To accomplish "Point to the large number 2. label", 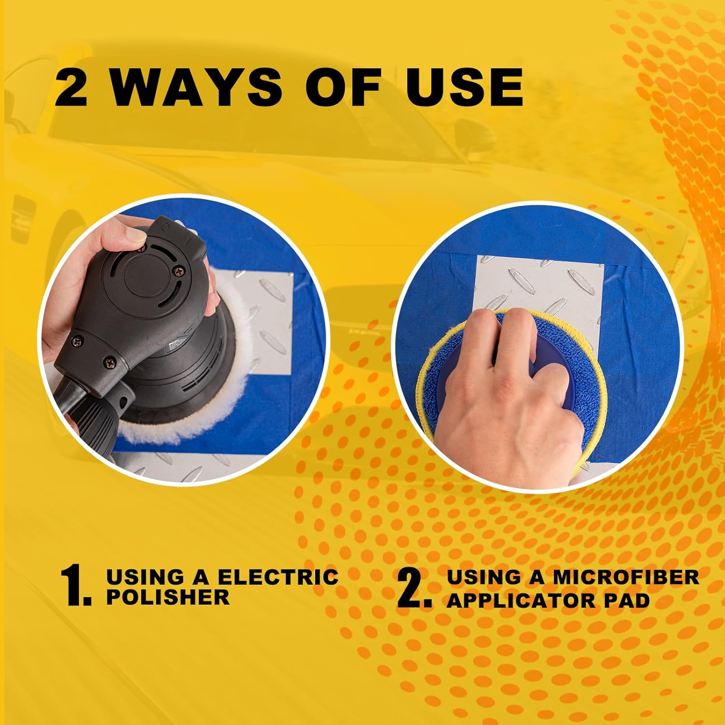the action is tap(415, 587).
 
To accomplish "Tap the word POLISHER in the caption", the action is tap(168, 597).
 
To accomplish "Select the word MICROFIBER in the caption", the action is tap(626, 577).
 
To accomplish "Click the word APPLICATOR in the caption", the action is tap(521, 601).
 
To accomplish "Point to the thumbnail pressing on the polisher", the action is tap(138, 237).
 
